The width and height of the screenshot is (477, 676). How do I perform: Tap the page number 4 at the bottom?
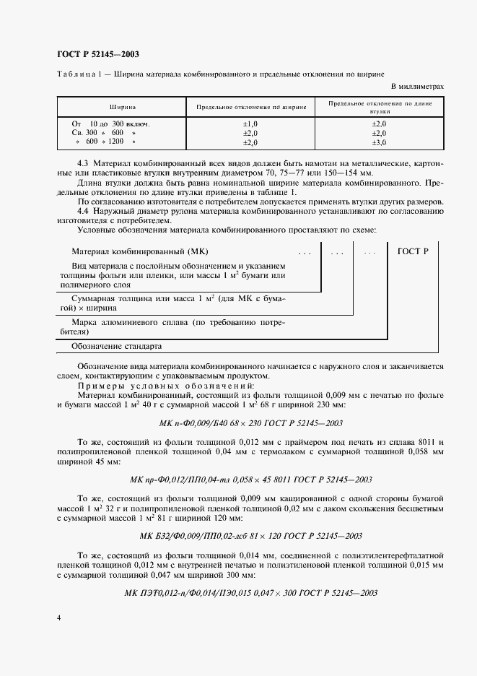pyautogui.click(x=58, y=618)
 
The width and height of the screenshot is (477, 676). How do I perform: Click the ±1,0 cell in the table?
pyautogui.click(x=250, y=124)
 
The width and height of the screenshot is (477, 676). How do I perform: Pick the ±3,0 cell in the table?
pyautogui.click(x=379, y=142)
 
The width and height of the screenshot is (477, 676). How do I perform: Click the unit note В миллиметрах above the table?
pyautogui.click(x=416, y=86)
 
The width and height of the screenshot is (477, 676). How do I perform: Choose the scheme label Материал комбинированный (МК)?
pyautogui.click(x=129, y=252)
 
